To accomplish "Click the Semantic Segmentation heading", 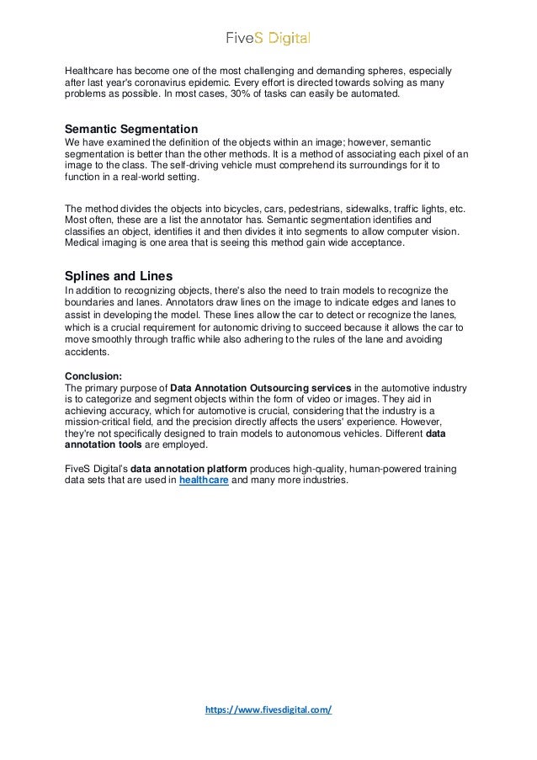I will pos(131,129).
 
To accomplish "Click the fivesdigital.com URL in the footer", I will pos(268,709).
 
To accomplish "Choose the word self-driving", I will pos(183,167).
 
